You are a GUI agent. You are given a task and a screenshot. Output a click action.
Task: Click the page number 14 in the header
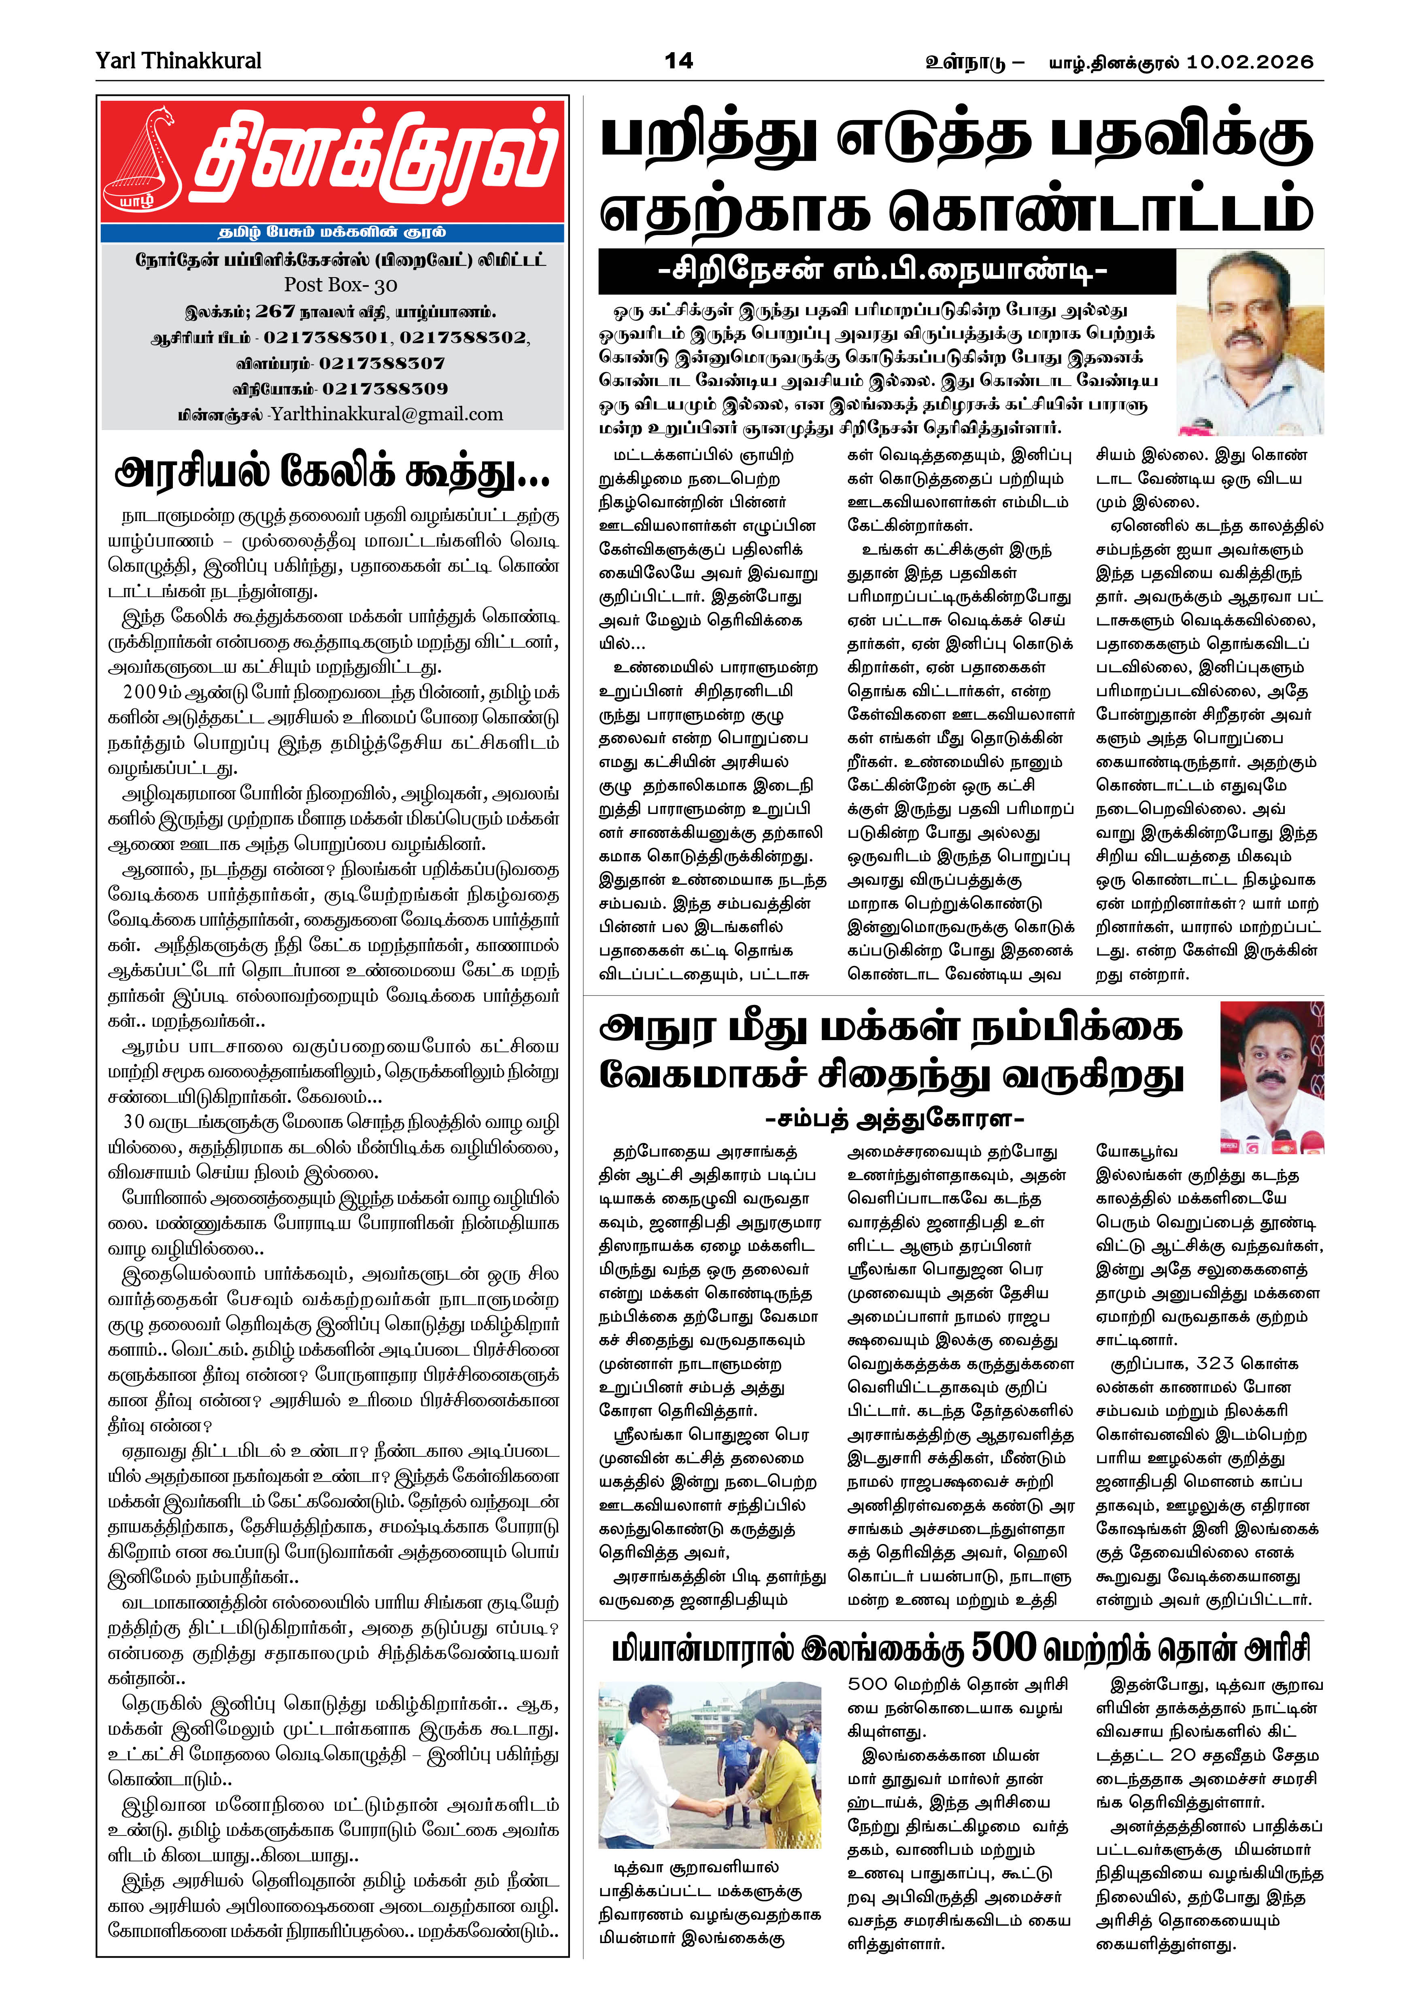(678, 60)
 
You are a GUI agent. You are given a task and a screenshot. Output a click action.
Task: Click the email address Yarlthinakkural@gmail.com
(387, 414)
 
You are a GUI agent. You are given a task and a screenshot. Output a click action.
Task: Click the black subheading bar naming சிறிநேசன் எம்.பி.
(883, 271)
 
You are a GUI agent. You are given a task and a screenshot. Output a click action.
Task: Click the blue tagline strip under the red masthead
(332, 233)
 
